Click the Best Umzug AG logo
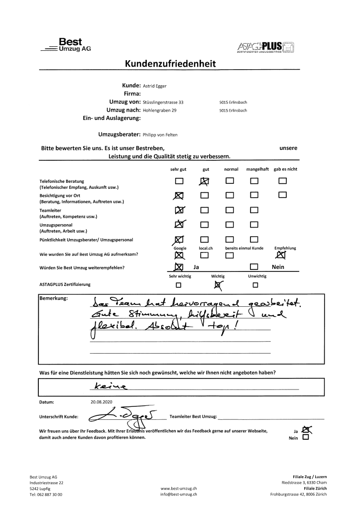68,45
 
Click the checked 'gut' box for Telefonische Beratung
204,181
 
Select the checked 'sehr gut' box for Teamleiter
179,211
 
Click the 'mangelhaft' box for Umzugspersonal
254,225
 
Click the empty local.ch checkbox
204,255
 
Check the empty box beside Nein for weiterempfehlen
254,267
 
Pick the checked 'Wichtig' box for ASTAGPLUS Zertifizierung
217,285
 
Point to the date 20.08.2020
103,401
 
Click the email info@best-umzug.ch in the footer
179,495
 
